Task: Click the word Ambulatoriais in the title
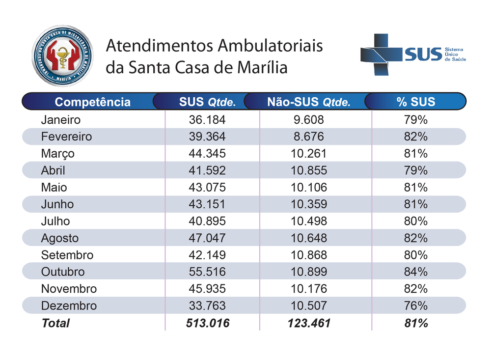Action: tap(270, 46)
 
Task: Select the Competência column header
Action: tap(92, 102)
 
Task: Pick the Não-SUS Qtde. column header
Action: tap(308, 102)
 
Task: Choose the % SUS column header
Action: tap(415, 102)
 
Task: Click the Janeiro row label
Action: tap(60, 119)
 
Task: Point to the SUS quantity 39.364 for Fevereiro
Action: tap(207, 137)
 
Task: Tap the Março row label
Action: tap(58, 153)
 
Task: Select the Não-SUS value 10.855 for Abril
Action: tap(308, 170)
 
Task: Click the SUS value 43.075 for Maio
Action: tap(207, 187)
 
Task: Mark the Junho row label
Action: tap(57, 204)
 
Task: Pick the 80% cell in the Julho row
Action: tap(415, 221)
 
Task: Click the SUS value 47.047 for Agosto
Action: tap(207, 238)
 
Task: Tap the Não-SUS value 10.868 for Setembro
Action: tap(308, 255)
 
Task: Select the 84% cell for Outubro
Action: tap(415, 272)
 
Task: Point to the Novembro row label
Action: tap(69, 289)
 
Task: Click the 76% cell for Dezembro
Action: tap(415, 305)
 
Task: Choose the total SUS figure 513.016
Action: tap(207, 323)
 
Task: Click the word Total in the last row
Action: tap(55, 323)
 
